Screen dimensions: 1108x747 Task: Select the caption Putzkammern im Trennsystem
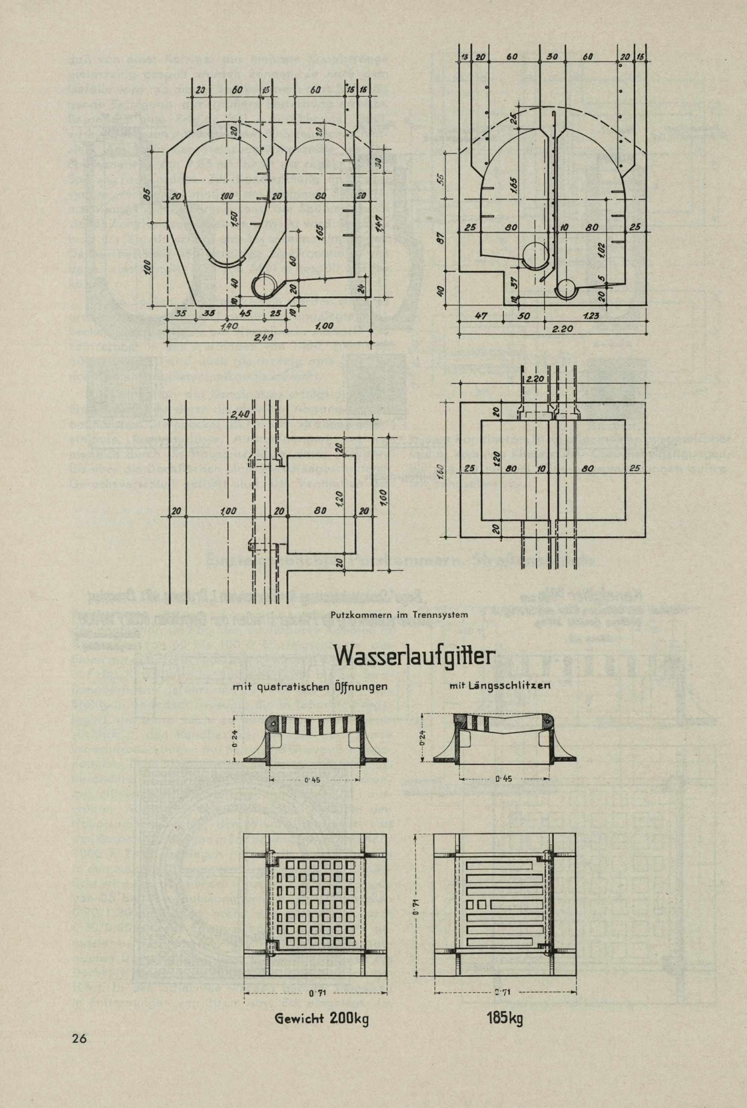click(x=403, y=614)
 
